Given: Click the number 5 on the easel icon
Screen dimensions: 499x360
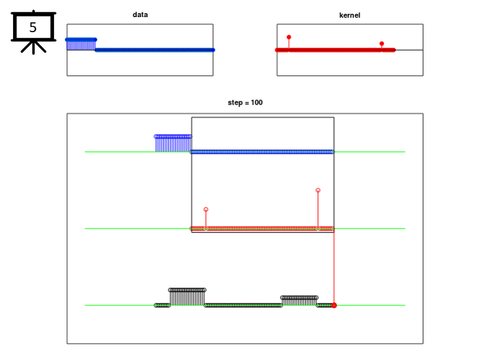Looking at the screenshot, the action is pyautogui.click(x=33, y=28).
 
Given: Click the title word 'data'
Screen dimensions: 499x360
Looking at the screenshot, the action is pyautogui.click(x=140, y=14).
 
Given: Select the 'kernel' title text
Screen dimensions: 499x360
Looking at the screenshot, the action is pyautogui.click(x=350, y=15).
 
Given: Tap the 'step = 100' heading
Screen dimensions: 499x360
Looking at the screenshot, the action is pyautogui.click(x=245, y=102).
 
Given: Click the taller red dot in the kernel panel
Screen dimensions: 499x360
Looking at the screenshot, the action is pyautogui.click(x=289, y=37).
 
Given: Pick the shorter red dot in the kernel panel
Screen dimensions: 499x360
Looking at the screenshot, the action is pyautogui.click(x=381, y=43).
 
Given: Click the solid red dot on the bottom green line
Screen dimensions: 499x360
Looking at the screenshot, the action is pyautogui.click(x=334, y=305).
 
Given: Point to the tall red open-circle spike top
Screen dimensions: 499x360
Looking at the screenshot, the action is pyautogui.click(x=318, y=190).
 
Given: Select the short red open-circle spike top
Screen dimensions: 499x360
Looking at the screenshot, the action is pyautogui.click(x=206, y=210).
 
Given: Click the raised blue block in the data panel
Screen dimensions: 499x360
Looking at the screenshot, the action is pyautogui.click(x=81, y=44).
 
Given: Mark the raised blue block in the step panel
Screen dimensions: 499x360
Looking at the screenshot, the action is pyautogui.click(x=173, y=144).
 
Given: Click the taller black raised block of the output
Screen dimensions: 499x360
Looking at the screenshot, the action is pyautogui.click(x=187, y=297).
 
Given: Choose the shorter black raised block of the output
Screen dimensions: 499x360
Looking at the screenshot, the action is pyautogui.click(x=299, y=300).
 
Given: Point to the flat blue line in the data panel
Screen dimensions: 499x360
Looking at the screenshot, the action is pyautogui.click(x=155, y=50).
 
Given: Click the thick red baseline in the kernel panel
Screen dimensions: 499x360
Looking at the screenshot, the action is pyautogui.click(x=335, y=50).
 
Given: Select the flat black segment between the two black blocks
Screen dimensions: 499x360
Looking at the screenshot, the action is pyautogui.click(x=243, y=305).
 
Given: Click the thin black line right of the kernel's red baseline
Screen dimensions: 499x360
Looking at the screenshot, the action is pyautogui.click(x=409, y=50).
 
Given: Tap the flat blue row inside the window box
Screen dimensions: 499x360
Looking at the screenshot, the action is pyautogui.click(x=262, y=152).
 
